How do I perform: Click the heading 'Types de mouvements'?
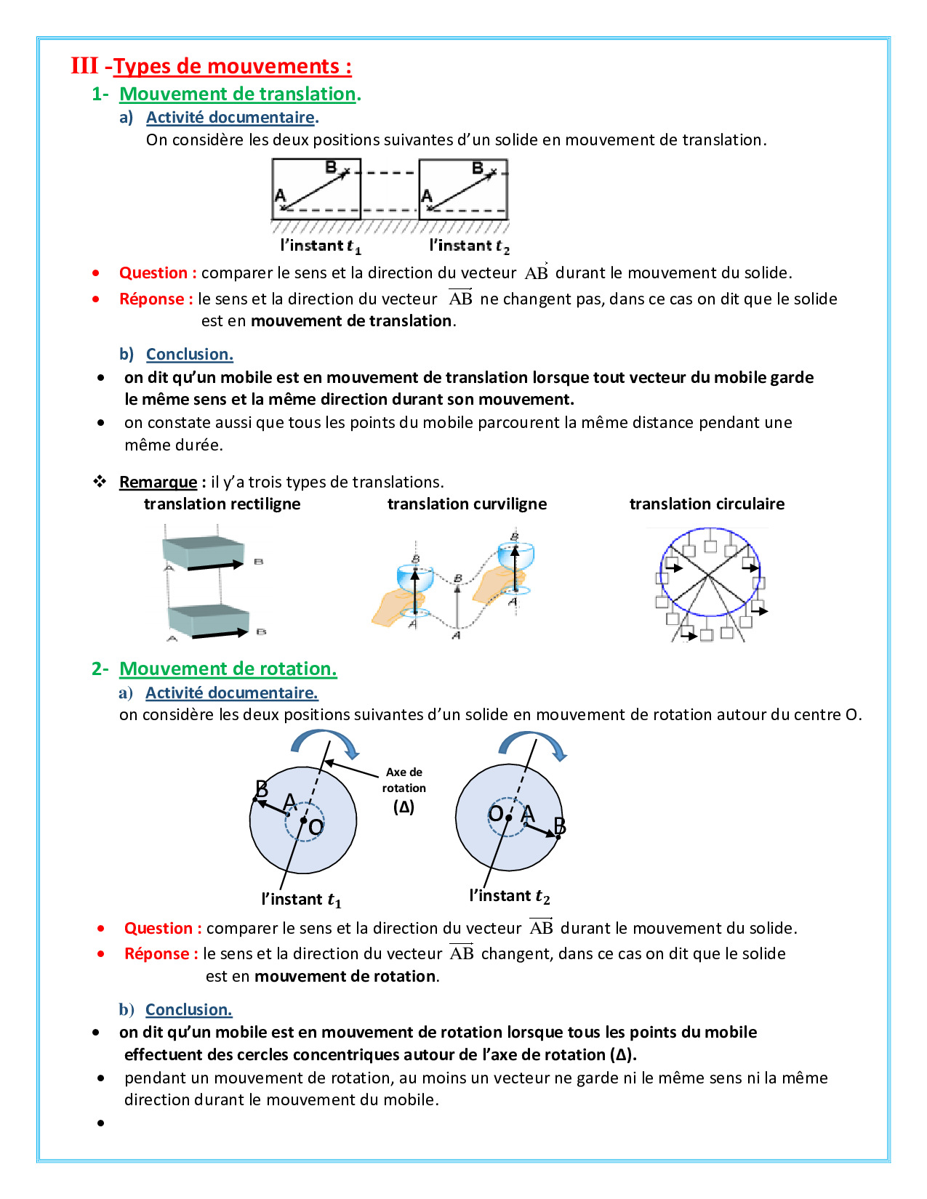click(x=232, y=66)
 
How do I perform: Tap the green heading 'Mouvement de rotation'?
click(x=228, y=669)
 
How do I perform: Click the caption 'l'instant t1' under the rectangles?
click(x=321, y=246)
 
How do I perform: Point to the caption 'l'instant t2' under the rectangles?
click(x=469, y=246)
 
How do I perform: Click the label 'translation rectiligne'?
click(x=222, y=504)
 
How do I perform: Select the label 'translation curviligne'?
click(x=467, y=504)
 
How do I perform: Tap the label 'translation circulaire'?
click(x=707, y=504)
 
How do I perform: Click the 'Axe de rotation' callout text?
click(x=404, y=780)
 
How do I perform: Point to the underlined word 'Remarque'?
click(x=158, y=482)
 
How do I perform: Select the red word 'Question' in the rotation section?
click(x=158, y=928)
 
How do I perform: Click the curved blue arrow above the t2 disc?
click(x=533, y=743)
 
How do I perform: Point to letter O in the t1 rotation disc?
click(x=316, y=828)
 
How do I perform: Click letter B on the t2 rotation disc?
click(x=560, y=825)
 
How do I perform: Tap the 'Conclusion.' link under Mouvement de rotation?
click(x=188, y=1009)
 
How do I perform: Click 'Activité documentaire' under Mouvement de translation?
click(x=230, y=118)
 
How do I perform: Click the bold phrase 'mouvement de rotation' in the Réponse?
click(x=345, y=976)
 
